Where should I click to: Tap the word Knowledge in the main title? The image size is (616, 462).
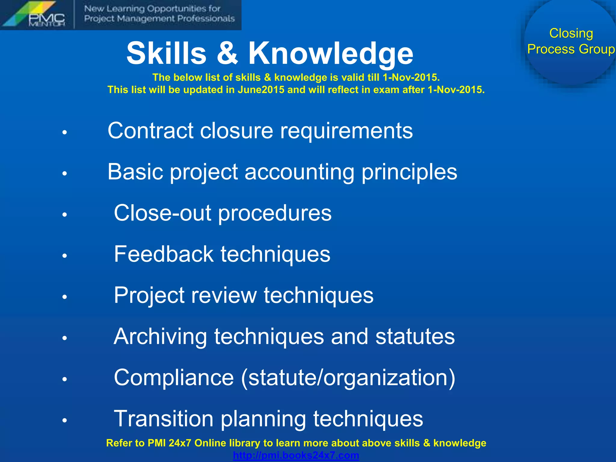(x=331, y=53)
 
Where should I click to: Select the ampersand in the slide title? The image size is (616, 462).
(x=227, y=53)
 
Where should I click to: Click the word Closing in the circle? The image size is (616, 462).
(x=571, y=33)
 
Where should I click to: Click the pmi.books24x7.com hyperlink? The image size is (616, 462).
(x=296, y=455)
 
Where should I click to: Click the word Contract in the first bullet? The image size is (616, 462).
(x=150, y=131)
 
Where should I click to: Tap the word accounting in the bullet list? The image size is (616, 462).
(x=299, y=172)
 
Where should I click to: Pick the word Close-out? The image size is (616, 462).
(x=162, y=213)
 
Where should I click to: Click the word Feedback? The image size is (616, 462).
(x=164, y=254)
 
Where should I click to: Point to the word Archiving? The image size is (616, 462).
(x=160, y=336)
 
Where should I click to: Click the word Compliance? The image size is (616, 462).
(x=174, y=377)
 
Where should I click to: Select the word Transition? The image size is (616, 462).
(x=164, y=419)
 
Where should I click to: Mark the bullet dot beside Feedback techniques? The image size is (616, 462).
(x=64, y=256)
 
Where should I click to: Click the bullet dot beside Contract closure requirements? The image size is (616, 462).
(x=64, y=132)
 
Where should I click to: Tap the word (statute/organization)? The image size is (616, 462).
(x=348, y=378)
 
